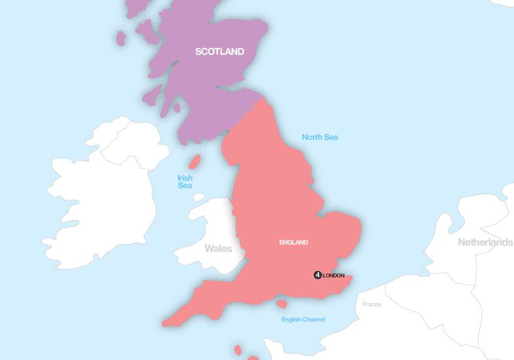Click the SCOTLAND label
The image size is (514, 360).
219,52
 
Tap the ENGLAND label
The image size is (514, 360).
293,243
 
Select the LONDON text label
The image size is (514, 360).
334,276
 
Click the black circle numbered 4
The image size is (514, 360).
318,275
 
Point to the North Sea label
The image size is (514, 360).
320,137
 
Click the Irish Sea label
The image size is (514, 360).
185,181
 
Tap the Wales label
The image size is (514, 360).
217,249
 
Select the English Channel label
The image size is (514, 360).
303,319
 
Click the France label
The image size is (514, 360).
372,304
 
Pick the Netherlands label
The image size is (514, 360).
485,242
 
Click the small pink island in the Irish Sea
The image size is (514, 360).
194,162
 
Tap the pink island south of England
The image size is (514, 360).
282,304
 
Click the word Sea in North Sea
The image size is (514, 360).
330,137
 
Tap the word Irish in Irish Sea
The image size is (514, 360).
185,177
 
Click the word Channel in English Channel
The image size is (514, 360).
314,319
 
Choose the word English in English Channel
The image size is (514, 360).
291,319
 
